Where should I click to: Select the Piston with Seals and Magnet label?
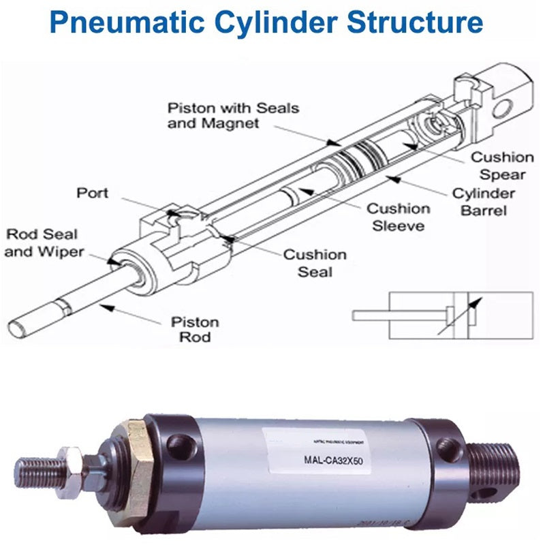(x=233, y=116)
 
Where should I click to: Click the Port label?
(x=92, y=193)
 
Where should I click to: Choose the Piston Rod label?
(x=194, y=329)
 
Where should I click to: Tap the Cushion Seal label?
(x=315, y=263)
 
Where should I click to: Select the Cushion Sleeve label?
(x=399, y=217)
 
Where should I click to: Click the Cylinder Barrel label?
(x=484, y=202)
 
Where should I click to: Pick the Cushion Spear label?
(x=503, y=166)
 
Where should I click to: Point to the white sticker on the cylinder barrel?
(x=320, y=450)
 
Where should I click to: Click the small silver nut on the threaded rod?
(x=69, y=463)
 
